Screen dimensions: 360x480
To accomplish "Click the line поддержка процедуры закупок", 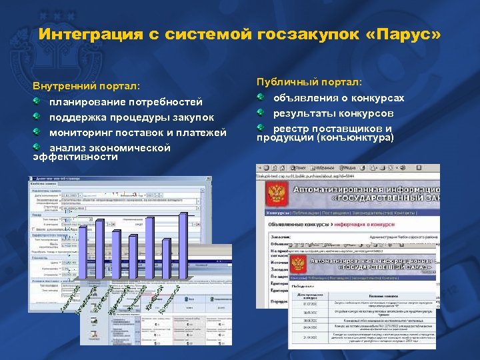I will coord(131,117).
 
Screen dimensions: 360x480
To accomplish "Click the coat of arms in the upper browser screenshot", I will coord(276,193).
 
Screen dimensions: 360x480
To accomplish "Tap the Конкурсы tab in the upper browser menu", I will coord(278,212).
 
